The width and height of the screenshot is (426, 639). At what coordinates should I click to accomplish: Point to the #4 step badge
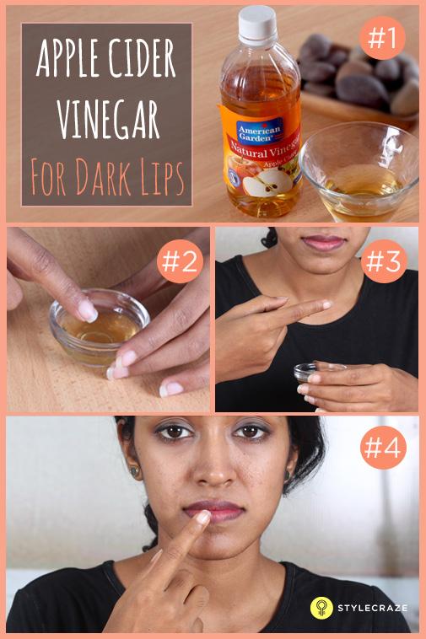point(384,447)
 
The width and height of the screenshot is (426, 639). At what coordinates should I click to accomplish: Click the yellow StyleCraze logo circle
point(321,607)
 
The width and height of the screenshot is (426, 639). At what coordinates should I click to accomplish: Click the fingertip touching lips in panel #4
point(202,518)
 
